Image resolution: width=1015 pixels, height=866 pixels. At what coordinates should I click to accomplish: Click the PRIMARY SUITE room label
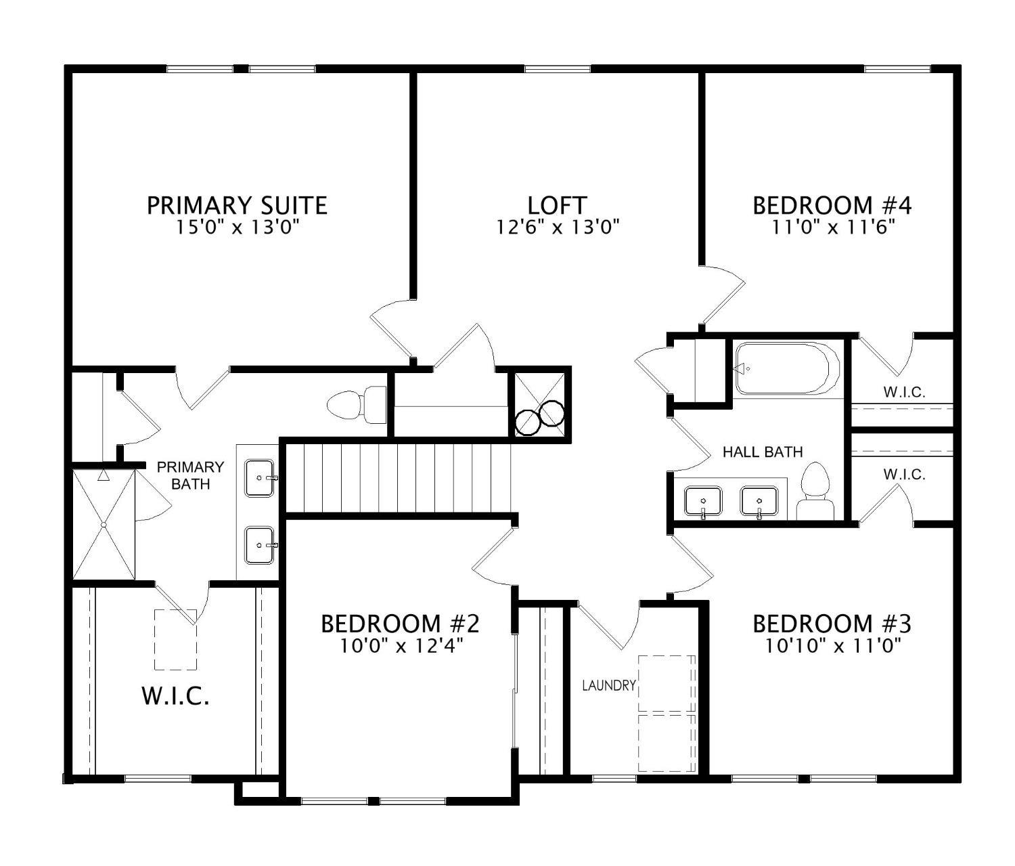point(237,204)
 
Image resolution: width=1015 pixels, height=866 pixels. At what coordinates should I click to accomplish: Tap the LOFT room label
point(557,204)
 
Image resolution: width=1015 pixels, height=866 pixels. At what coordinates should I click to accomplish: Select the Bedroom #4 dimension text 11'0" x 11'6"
point(834,227)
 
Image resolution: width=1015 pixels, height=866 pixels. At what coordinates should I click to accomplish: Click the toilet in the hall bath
point(815,493)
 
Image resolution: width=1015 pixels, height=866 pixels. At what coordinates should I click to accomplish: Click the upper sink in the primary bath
point(260,478)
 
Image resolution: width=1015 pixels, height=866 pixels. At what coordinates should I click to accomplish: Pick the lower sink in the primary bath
point(260,545)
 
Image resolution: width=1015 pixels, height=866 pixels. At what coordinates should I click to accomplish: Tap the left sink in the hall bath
point(703,502)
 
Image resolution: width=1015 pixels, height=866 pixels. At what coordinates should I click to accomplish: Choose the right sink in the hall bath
point(759,502)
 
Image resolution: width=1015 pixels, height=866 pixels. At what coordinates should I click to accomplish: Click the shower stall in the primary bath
point(104,525)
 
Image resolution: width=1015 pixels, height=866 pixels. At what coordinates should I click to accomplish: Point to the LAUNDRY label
point(609,685)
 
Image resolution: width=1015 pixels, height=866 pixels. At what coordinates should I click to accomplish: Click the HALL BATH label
point(763,452)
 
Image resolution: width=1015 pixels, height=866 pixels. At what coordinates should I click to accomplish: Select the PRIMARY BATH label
point(190,475)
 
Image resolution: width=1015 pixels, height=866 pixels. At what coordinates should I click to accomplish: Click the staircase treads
point(398,478)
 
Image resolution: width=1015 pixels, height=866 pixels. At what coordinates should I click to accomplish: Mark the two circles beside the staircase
point(539,418)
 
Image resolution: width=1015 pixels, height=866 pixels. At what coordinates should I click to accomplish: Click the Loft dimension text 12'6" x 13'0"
point(558,227)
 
